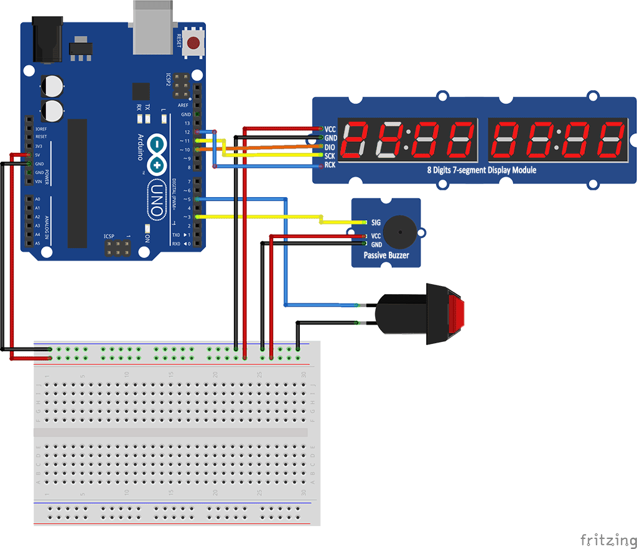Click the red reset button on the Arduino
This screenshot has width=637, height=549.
click(x=195, y=43)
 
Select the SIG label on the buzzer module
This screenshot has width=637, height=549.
click(x=376, y=222)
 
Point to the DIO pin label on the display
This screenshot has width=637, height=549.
click(x=330, y=147)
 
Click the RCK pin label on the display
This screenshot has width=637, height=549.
click(x=330, y=165)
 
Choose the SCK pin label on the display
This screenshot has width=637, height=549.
click(x=330, y=156)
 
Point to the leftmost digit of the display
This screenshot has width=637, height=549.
click(x=356, y=139)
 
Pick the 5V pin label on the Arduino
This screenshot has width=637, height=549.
click(x=38, y=154)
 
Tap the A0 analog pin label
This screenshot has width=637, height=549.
click(x=37, y=199)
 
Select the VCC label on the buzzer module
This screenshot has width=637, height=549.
click(x=376, y=236)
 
